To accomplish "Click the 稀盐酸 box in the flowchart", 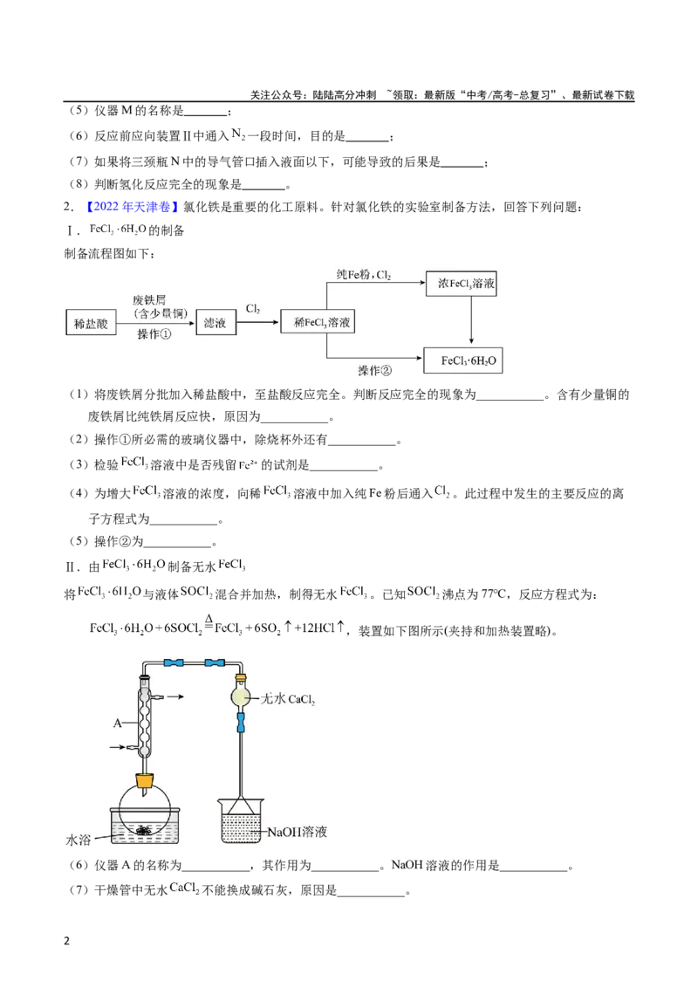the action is coord(91,323).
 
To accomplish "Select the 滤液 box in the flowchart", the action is coord(215,323).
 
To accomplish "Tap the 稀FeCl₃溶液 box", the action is coord(318,322).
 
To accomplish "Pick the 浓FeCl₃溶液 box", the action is coord(462,284).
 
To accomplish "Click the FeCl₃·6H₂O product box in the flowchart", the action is coord(463,360).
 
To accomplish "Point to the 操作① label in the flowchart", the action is coord(154,334).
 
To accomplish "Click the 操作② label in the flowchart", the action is coord(375,370).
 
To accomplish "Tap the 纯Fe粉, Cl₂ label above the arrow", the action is coord(364,275).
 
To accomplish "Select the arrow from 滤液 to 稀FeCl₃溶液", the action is coord(257,323).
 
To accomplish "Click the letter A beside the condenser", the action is coord(117,723).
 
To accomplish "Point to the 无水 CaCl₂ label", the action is coord(287,699).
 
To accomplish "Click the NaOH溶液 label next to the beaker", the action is coord(298,832).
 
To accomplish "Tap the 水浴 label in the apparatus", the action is coord(79,840).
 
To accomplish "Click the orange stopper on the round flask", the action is coord(145,780).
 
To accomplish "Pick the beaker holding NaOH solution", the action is coord(241,820).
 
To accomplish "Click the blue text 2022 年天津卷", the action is coord(132,207).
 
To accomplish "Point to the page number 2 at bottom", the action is coord(67,941).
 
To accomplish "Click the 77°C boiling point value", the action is coord(493,594).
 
